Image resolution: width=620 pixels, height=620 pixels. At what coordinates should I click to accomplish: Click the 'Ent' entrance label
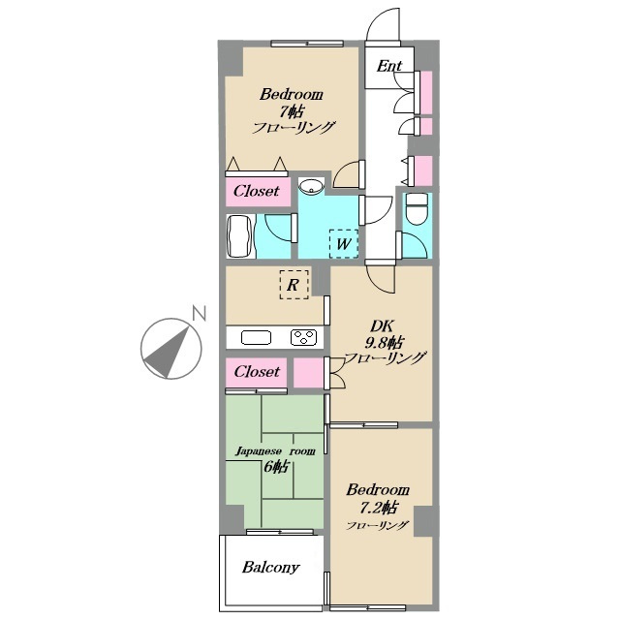(389, 66)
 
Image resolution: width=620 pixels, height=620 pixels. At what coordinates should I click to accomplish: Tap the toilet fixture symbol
(418, 208)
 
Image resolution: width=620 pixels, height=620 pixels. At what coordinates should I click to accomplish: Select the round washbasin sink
(311, 186)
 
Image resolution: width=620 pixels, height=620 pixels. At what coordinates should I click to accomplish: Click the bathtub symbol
(239, 236)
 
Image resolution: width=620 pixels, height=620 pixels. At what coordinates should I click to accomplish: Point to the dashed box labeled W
(344, 244)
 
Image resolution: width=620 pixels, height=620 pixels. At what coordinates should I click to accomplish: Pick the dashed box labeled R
(294, 285)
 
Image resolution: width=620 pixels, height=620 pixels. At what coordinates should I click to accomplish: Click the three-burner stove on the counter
(303, 338)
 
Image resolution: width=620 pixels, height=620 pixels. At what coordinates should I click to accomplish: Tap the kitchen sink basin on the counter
(256, 338)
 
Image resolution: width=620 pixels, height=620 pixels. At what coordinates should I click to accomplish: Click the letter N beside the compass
(199, 313)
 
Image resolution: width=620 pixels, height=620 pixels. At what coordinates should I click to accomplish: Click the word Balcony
(271, 568)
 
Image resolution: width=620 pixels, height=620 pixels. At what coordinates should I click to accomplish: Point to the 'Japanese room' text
(275, 451)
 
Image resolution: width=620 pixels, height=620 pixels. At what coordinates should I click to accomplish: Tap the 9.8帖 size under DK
(384, 342)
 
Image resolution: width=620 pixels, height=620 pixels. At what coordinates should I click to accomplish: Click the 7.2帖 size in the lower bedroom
(378, 508)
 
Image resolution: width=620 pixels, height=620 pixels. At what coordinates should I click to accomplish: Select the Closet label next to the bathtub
(256, 192)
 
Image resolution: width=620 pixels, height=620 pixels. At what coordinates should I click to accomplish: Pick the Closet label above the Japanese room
(257, 372)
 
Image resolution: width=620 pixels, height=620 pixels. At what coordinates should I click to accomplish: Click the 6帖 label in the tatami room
(275, 467)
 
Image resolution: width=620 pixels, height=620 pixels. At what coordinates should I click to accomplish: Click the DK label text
(382, 326)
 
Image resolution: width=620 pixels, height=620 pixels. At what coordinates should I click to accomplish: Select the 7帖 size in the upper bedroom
(292, 112)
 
